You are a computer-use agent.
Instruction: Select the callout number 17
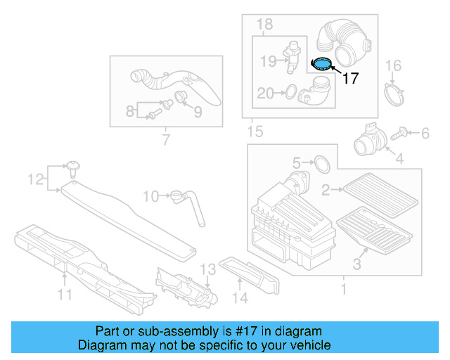pos(349,78)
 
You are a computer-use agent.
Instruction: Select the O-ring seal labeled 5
pos(321,164)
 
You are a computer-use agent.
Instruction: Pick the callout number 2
pos(326,189)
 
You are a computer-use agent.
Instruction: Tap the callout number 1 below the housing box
pos(343,288)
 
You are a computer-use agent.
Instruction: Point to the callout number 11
pos(65,295)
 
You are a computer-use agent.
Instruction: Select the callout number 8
pos(129,111)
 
